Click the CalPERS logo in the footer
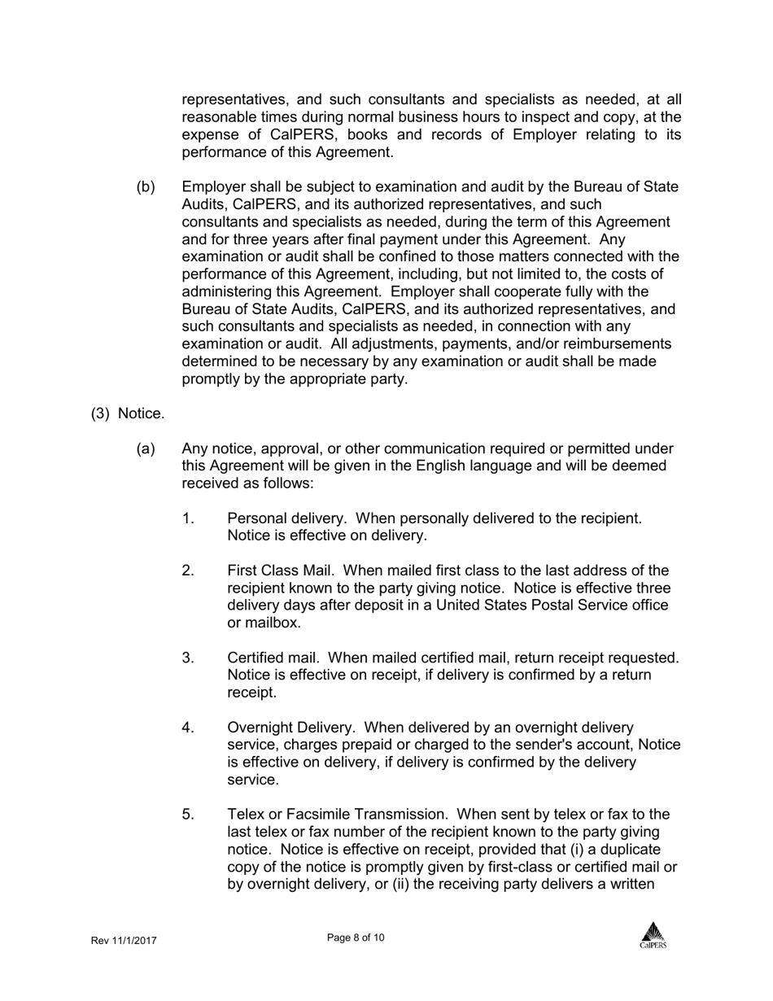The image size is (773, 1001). pyautogui.click(x=653, y=935)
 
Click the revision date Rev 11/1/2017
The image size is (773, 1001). pyautogui.click(x=124, y=941)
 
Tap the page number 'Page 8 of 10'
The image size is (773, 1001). pyautogui.click(x=356, y=938)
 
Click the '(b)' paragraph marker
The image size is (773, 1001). pyautogui.click(x=146, y=187)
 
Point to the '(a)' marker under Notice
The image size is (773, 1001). pyautogui.click(x=146, y=448)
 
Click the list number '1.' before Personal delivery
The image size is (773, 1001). pyautogui.click(x=188, y=518)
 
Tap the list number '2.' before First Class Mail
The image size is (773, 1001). pyautogui.click(x=188, y=570)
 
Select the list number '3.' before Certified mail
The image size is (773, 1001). pyautogui.click(x=188, y=658)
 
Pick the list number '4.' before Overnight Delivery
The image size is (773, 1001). pyautogui.click(x=188, y=728)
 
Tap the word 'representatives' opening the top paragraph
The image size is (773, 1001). pyautogui.click(x=236, y=100)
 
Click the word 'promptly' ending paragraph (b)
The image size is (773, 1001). pyautogui.click(x=212, y=379)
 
